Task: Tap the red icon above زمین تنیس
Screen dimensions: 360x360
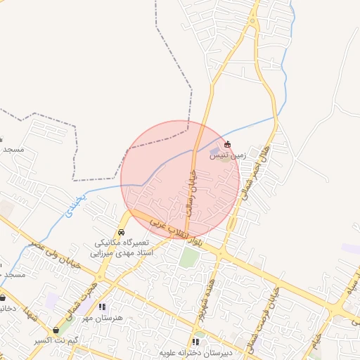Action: coord(227,144)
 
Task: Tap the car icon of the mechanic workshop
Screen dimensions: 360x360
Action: coord(122,233)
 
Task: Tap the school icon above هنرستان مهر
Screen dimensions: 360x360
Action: coord(102,307)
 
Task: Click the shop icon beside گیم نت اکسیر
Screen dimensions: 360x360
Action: coord(56,330)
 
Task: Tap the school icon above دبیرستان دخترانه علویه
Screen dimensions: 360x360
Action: coord(196,342)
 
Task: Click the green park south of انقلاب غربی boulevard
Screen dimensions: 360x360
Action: coord(188,257)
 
